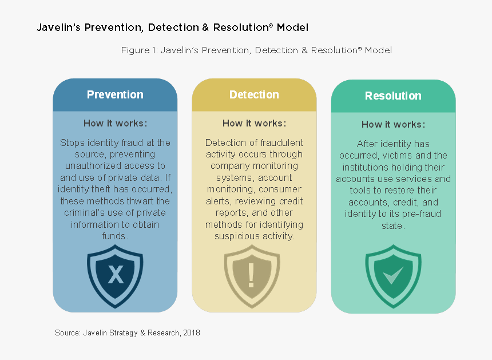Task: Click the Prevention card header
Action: [115, 95]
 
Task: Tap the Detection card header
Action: [254, 95]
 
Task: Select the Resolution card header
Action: [393, 96]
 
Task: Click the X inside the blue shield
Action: [116, 275]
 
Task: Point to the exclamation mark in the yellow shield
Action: [251, 275]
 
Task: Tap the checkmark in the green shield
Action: [393, 275]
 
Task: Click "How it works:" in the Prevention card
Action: [115, 124]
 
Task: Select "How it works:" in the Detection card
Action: [254, 124]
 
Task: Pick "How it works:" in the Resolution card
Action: [393, 125]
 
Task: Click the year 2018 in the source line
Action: [192, 333]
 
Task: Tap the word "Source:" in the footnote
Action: [68, 333]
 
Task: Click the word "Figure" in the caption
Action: [135, 50]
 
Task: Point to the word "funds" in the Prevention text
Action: [114, 236]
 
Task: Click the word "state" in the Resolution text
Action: [392, 226]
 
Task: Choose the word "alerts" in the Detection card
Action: [219, 201]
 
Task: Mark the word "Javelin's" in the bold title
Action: [59, 27]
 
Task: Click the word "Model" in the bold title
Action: [292, 27]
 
